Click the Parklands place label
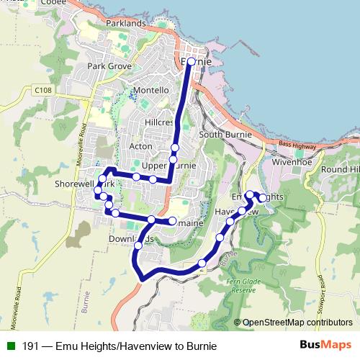click(x=125, y=24)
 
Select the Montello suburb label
click(x=150, y=90)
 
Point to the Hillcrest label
click(x=159, y=122)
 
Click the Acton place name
click(x=140, y=145)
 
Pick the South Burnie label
click(x=225, y=135)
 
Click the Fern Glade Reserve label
click(x=243, y=284)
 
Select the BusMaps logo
click(x=325, y=345)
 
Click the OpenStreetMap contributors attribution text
click(x=297, y=323)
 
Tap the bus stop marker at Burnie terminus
click(x=190, y=62)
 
